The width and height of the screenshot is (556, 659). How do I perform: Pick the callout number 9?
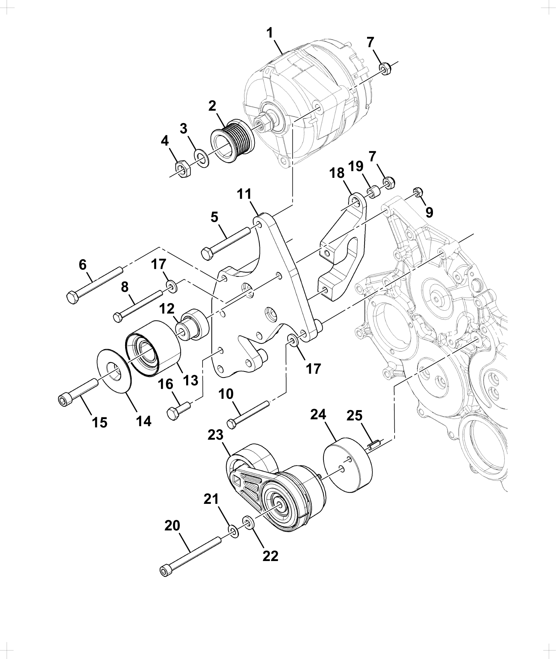[429, 212]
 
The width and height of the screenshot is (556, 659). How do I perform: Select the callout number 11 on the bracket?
[244, 194]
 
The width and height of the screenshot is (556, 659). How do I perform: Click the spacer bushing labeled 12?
[192, 325]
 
